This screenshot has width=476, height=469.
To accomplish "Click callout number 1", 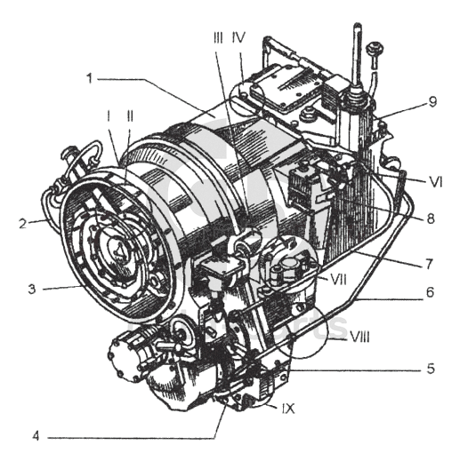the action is coord(90,78).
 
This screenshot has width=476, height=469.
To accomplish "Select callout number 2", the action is coord(23,224).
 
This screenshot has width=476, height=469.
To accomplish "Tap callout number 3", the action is coord(32,289).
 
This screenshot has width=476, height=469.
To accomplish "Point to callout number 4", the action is coord(36,436).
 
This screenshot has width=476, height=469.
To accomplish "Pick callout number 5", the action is coord(432,369).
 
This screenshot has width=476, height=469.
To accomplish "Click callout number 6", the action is coord(431,292).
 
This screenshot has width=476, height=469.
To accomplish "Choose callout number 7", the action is coord(429,264).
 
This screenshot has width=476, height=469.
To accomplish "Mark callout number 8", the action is coord(431,218).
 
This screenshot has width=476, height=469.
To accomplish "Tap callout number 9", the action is coord(433,102).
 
